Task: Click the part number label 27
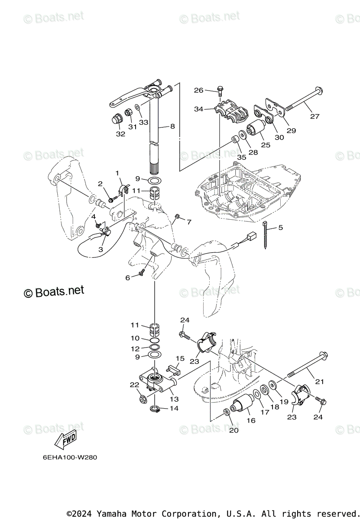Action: (315, 116)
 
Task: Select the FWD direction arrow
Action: (65, 440)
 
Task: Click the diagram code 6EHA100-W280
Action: (67, 458)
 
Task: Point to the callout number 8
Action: (172, 127)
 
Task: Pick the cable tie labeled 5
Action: (266, 236)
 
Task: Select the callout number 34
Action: (198, 109)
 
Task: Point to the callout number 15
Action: (180, 358)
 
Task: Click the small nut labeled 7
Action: (177, 216)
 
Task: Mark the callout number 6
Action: (128, 278)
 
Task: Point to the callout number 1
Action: (117, 173)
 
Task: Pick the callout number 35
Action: (241, 158)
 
